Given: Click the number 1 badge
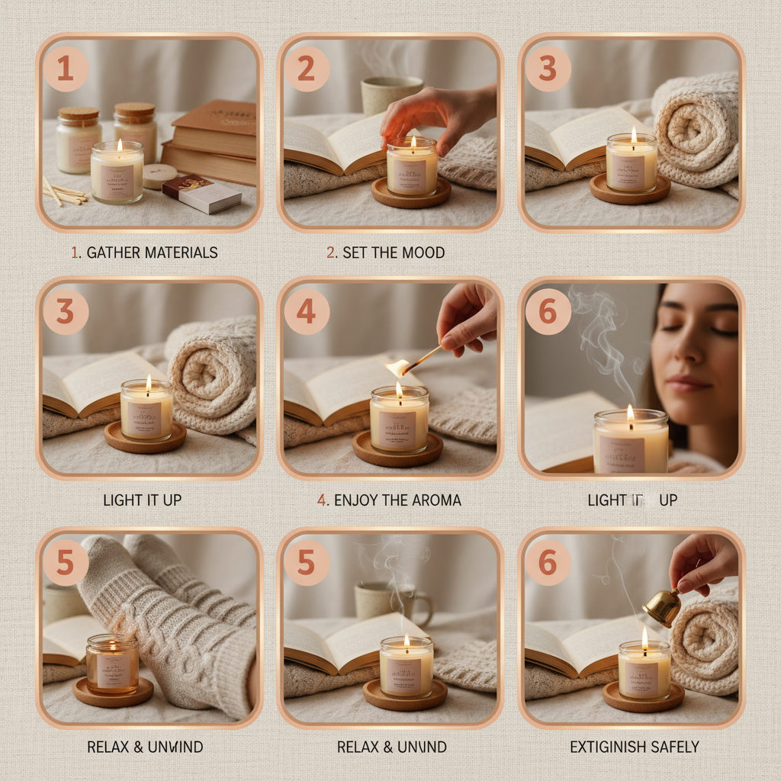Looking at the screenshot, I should [66, 69].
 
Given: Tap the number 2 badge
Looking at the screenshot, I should [306, 69].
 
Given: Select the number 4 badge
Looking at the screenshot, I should [306, 312].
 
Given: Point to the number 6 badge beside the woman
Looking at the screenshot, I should [548, 312].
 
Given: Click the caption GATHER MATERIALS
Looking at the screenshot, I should [144, 252].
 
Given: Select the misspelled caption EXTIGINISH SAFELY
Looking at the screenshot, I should [635, 747].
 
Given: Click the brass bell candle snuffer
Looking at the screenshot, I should [661, 606].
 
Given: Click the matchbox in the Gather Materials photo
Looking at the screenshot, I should [201, 194].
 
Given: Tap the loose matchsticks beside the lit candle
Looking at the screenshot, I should [64, 193].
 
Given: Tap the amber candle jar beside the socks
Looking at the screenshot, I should [112, 663].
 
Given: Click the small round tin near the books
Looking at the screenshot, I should [159, 175].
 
